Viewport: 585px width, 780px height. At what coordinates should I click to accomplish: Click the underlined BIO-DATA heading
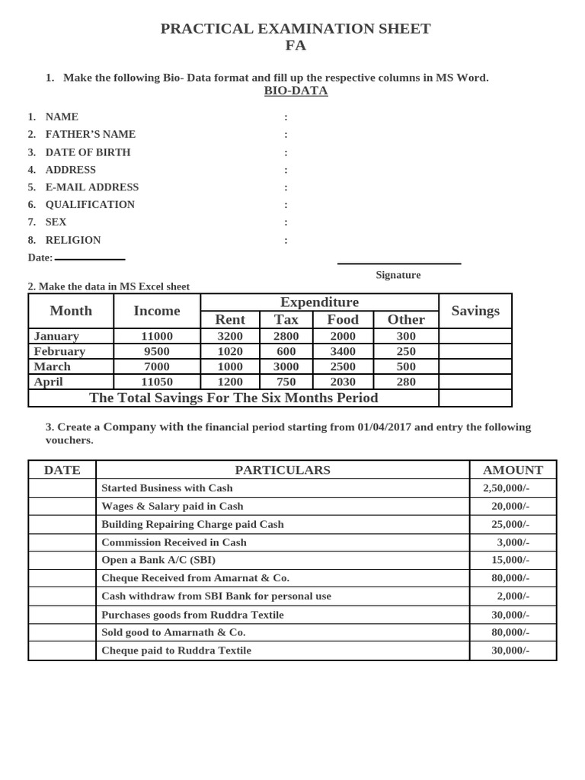[x=296, y=91]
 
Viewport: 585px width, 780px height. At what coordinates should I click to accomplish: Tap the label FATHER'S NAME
[x=90, y=134]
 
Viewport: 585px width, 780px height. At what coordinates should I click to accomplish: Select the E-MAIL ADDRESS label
[x=91, y=187]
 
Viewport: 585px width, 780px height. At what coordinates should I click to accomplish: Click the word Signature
[x=398, y=275]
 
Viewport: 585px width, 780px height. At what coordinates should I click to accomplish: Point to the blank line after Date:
[x=90, y=259]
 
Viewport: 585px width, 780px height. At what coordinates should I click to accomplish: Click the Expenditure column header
[x=319, y=302]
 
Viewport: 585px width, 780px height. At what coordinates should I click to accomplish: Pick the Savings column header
[x=475, y=311]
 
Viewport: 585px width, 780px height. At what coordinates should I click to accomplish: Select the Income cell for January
[x=157, y=336]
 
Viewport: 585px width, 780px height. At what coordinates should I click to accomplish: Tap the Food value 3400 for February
[x=343, y=351]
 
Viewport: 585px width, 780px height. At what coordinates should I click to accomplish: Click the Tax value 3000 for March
[x=286, y=366]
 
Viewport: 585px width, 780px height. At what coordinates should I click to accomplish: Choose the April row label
[x=48, y=382]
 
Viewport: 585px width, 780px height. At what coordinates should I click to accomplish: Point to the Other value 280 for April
[x=406, y=382]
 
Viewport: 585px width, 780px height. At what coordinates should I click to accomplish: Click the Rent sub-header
[x=230, y=320]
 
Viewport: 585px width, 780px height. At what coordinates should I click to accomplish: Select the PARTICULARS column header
[x=283, y=470]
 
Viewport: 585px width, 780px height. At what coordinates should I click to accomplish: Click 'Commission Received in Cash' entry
[x=174, y=542]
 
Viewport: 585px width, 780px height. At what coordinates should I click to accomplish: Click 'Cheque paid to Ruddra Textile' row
[x=176, y=651]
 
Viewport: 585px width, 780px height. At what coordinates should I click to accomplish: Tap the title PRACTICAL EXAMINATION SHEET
[x=296, y=29]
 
